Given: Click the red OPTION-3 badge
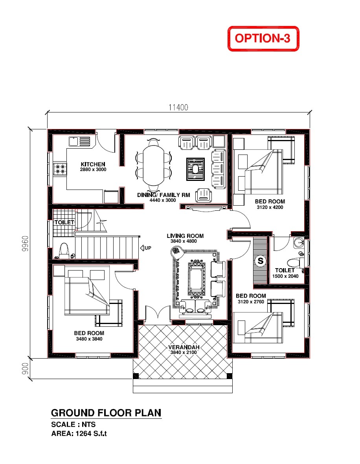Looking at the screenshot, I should [x=263, y=39].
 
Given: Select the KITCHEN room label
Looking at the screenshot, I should [x=93, y=164].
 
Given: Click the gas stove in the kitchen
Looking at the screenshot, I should [x=60, y=169].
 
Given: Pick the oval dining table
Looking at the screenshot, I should [x=153, y=166].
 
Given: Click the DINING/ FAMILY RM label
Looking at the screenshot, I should [x=163, y=195].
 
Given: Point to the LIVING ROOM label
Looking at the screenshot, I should [x=185, y=236].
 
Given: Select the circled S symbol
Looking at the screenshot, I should [x=260, y=260].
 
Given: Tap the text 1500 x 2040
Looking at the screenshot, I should [x=285, y=276].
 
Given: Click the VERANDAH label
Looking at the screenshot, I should [x=184, y=347].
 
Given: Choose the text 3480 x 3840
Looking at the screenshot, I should [x=89, y=339].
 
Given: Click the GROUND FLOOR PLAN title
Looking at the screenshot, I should [x=106, y=413].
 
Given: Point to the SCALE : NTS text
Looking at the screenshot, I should [x=73, y=425].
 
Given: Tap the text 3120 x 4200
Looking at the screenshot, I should [x=270, y=207].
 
